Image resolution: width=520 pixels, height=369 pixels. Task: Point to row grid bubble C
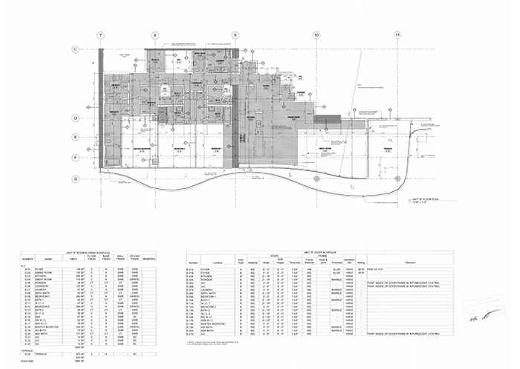point(75,49)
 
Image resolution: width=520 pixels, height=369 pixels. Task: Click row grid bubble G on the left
point(75,179)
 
